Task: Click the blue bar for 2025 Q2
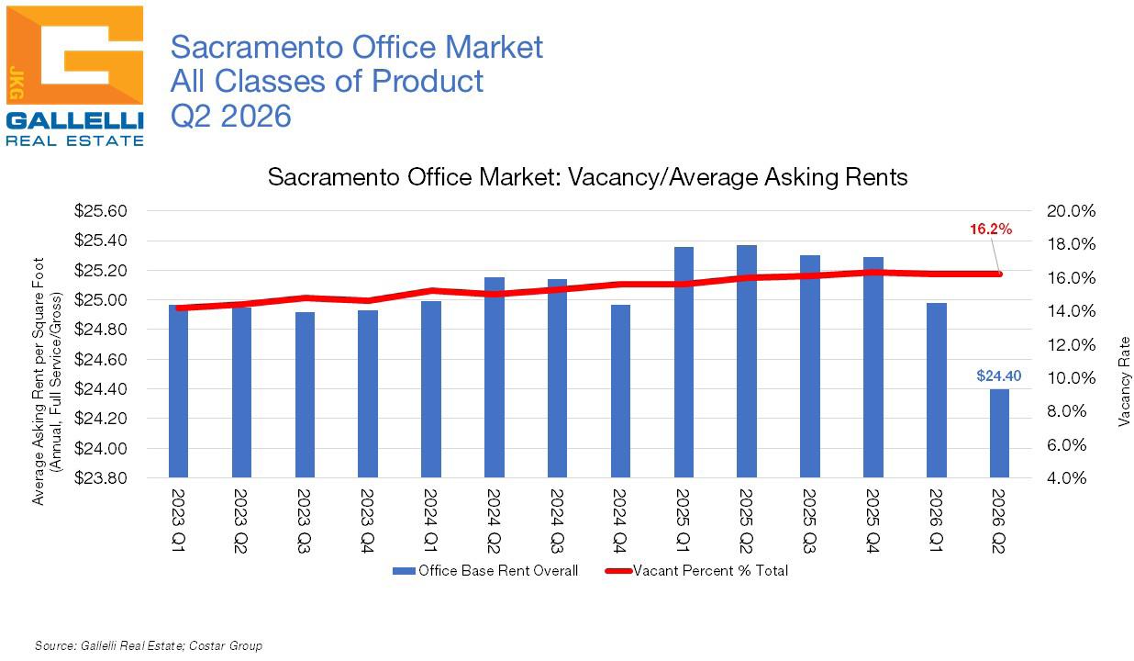pyautogui.click(x=747, y=361)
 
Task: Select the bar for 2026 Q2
pyautogui.click(x=999, y=433)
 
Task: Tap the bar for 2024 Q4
pyautogui.click(x=620, y=391)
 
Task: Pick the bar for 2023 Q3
pyautogui.click(x=305, y=395)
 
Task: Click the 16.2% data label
pyautogui.click(x=991, y=230)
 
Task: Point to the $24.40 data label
pyautogui.click(x=999, y=375)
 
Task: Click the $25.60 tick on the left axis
pyautogui.click(x=100, y=211)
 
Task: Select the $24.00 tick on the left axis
pyautogui.click(x=100, y=448)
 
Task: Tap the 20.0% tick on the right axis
pyautogui.click(x=1072, y=211)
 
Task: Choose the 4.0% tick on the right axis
pyautogui.click(x=1066, y=477)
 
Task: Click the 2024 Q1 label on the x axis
pyautogui.click(x=430, y=521)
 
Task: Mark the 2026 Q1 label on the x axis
pyautogui.click(x=936, y=521)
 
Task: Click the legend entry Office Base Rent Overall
pyautogui.click(x=485, y=571)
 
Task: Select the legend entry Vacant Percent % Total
pyautogui.click(x=696, y=571)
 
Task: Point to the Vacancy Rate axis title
pyautogui.click(x=1124, y=381)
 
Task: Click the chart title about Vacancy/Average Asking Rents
pyautogui.click(x=588, y=177)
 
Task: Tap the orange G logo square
pyautogui.click(x=75, y=55)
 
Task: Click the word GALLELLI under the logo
pyautogui.click(x=75, y=121)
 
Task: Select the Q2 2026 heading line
pyautogui.click(x=231, y=116)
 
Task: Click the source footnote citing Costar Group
pyautogui.click(x=149, y=645)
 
